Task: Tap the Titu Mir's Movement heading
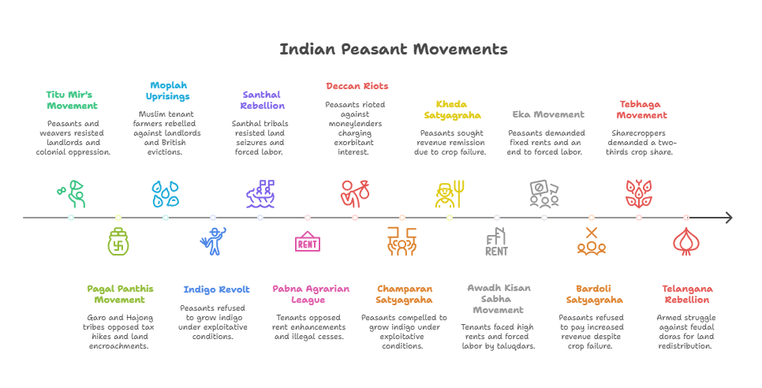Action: [x=72, y=99]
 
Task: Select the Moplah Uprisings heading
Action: [x=167, y=91]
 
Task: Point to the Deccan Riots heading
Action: [x=357, y=86]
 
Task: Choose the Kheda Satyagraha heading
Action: [x=452, y=109]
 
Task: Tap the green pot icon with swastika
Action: [x=118, y=242]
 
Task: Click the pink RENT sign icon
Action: [x=307, y=242]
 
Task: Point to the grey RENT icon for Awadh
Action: [x=496, y=242]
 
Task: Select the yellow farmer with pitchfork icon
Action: [x=450, y=194]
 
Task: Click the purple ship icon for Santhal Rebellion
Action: [x=260, y=194]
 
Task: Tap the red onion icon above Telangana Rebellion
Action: [x=685, y=242]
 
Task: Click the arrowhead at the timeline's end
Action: [x=728, y=218]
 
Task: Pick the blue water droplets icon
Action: [x=166, y=194]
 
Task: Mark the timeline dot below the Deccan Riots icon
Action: [x=355, y=218]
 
